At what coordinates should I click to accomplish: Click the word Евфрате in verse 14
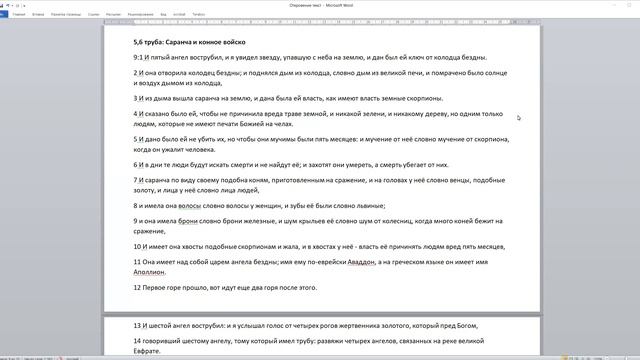coord(149,351)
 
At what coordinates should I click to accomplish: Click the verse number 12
coord(137,287)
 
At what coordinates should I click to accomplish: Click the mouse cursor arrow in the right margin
coord(518,118)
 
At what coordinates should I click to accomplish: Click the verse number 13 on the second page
coord(137,326)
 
